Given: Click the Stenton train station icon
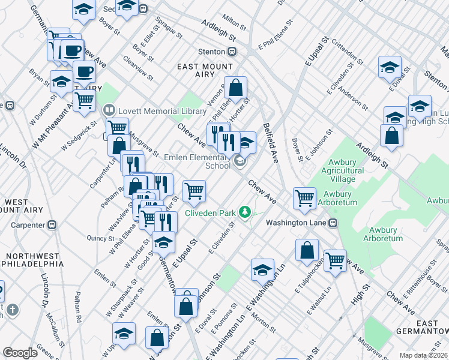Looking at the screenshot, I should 232,52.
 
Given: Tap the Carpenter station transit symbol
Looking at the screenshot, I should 52,225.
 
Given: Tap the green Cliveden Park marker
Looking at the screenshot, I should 244,212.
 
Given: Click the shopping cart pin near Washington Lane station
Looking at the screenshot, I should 305,197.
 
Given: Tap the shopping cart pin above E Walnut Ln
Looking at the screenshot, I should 335,260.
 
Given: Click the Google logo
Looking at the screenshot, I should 20,353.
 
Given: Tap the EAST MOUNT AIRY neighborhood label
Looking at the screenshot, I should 203,69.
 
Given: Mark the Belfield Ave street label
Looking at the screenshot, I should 271,144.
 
